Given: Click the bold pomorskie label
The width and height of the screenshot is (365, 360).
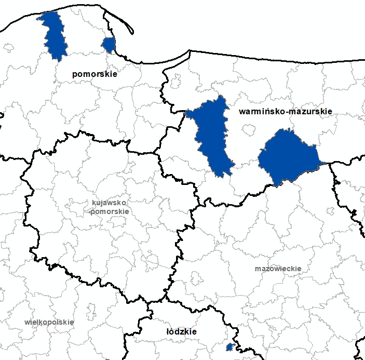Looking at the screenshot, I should click(94, 74).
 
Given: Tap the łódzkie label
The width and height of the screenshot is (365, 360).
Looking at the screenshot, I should click(181, 331).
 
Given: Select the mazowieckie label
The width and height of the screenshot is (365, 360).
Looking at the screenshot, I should click(278, 269).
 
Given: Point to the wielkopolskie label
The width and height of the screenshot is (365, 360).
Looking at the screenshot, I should click(49, 322).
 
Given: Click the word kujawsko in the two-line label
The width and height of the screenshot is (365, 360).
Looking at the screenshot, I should click(109, 203).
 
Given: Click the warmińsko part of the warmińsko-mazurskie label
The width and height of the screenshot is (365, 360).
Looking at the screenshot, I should click(259, 112).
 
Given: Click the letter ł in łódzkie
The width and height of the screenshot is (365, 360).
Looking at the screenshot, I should click(168, 331).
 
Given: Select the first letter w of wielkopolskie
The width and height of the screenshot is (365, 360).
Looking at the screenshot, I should click(27, 322).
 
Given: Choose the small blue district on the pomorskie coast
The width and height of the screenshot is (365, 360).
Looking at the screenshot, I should click(109, 45).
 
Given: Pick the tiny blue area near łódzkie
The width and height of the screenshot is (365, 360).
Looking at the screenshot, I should click(229, 346).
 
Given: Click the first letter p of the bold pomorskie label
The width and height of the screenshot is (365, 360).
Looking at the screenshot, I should click(75, 75).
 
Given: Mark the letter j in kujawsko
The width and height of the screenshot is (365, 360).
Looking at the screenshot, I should click(101, 203).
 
